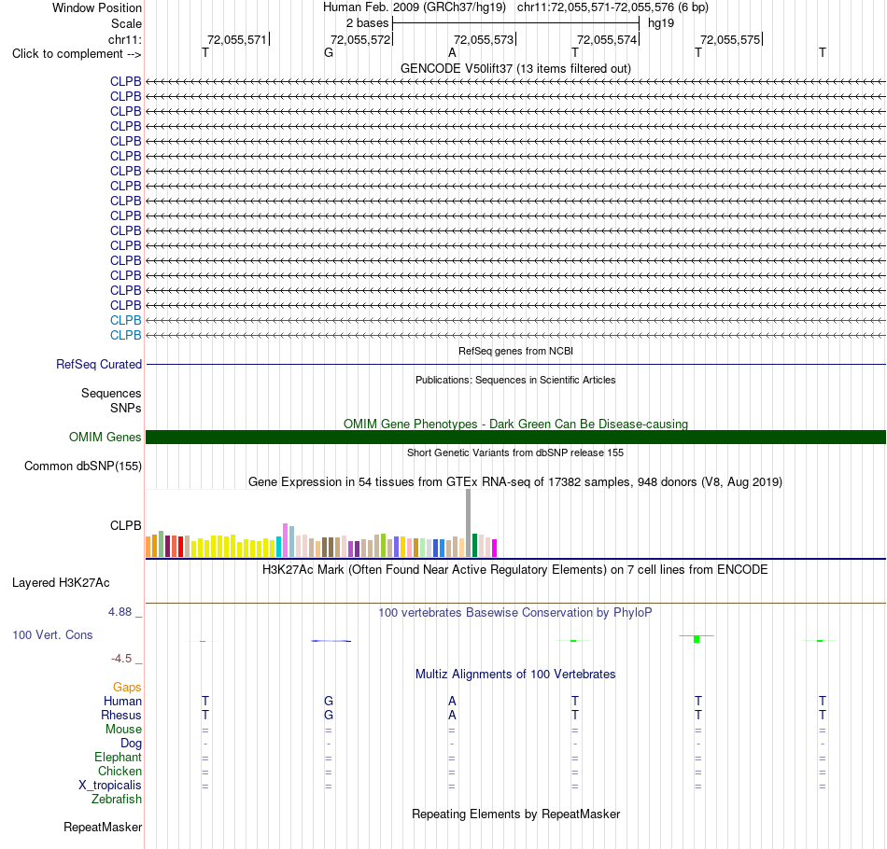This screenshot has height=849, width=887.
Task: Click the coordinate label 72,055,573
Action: coord(484,39)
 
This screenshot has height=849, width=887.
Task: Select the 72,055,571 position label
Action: coord(237,39)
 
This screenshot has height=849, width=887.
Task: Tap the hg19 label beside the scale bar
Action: coord(661,23)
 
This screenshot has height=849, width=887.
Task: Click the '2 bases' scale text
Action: coord(367,23)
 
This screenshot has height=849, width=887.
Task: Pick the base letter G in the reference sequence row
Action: coord(329,53)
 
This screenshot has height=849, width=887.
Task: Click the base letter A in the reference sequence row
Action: coord(452,53)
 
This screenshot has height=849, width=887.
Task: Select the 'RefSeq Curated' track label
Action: coord(99,365)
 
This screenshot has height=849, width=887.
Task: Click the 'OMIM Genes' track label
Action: coord(106,437)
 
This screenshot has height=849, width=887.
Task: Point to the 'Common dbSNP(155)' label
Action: coord(83,466)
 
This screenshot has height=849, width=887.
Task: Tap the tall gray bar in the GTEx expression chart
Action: coord(469,522)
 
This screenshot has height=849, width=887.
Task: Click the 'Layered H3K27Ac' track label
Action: coord(61,583)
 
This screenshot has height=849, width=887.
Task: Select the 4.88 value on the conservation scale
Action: coord(120,612)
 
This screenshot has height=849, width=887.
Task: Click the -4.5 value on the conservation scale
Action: coord(121,659)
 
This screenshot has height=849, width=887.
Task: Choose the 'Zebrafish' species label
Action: coord(117,800)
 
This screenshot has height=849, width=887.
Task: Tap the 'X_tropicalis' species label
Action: coord(110,786)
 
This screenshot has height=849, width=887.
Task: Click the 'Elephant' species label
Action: coord(119,757)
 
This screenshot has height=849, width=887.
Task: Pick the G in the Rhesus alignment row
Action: coord(329,715)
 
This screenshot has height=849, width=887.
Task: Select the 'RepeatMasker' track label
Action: coord(103,827)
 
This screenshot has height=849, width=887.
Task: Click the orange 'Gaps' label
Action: coord(127,687)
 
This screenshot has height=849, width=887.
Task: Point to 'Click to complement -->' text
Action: coord(77,54)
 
